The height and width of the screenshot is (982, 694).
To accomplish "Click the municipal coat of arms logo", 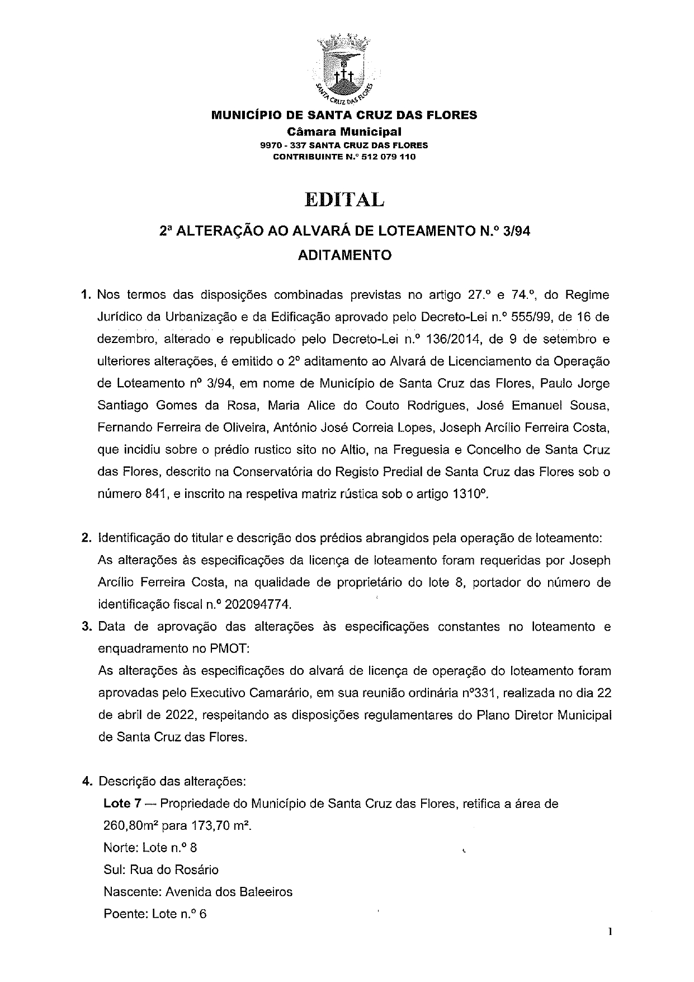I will [x=343, y=69].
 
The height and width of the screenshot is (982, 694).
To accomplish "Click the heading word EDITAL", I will [x=344, y=200].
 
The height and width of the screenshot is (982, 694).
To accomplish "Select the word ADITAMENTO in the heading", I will [x=344, y=255].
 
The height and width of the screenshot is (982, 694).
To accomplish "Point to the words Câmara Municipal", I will [x=344, y=132].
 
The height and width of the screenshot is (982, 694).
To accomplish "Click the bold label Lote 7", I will [x=122, y=804].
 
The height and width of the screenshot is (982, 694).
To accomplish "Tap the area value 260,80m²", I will [x=130, y=826].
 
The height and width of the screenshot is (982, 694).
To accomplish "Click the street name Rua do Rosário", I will [x=174, y=870].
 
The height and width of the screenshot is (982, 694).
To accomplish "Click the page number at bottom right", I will [x=611, y=932].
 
